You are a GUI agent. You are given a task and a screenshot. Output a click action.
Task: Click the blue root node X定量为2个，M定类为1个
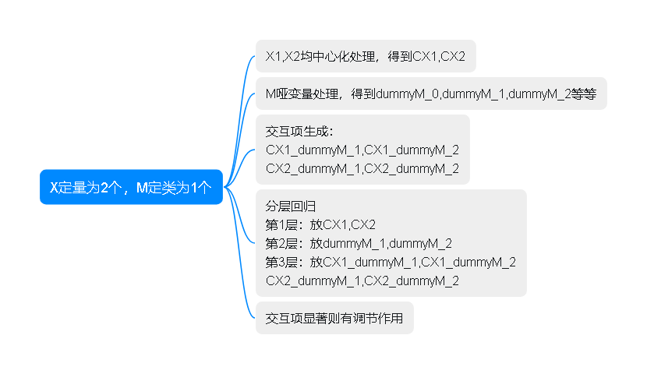click(131, 187)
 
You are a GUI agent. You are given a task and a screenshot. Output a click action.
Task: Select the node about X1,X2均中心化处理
click(365, 56)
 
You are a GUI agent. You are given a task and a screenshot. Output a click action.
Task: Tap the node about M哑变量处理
click(430, 94)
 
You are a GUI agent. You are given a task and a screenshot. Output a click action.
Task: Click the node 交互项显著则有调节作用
click(334, 318)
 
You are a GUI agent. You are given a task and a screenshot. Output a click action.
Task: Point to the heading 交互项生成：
click(299, 130)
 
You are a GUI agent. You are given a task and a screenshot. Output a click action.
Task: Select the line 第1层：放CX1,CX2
click(320, 225)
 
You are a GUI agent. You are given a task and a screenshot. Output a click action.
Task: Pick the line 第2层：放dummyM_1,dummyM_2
click(359, 244)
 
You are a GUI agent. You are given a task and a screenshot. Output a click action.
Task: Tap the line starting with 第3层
click(390, 263)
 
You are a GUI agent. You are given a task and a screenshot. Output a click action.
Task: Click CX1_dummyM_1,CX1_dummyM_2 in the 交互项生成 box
click(362, 149)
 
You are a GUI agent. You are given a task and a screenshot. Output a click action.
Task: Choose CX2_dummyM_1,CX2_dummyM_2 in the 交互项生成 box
click(362, 168)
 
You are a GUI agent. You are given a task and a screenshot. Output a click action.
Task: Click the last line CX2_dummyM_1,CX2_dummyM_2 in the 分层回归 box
click(362, 280)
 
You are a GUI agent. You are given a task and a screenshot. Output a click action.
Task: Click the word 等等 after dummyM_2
click(584, 94)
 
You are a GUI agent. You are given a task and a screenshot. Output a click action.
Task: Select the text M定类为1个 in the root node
click(174, 187)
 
